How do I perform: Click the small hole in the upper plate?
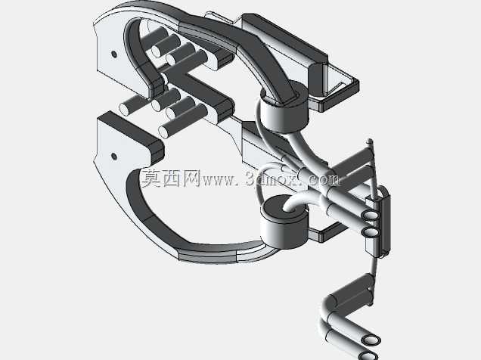pos(113,54)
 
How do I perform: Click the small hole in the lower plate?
pos(113,157)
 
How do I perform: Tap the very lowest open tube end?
pos(368,356)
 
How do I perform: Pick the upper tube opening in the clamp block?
pos(370,215)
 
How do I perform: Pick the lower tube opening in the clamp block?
pos(370,233)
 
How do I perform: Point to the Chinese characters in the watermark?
pos(171,178)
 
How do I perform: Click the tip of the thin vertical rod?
pos(371,141)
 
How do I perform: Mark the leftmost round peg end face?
pos(124,109)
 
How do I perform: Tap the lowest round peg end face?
pos(164,132)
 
